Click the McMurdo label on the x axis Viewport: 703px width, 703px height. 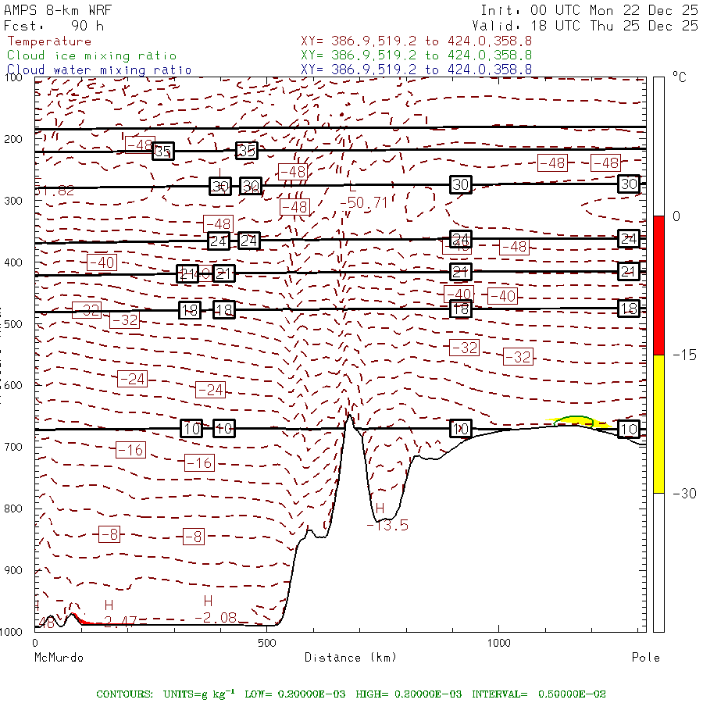pyautogui.click(x=59, y=658)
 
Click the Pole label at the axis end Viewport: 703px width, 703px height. pyautogui.click(x=645, y=658)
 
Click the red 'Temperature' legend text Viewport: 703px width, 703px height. pyautogui.click(x=49, y=41)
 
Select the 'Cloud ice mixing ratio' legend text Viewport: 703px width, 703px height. pyautogui.click(x=91, y=55)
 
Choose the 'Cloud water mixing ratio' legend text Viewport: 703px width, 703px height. pyautogui.click(x=99, y=70)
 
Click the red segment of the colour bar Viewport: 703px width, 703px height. pyautogui.click(x=658, y=285)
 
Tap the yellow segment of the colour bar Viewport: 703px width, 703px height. pyautogui.click(x=658, y=424)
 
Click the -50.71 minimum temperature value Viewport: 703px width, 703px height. pyautogui.click(x=364, y=202)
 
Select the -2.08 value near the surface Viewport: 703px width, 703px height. pyautogui.click(x=215, y=618)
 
